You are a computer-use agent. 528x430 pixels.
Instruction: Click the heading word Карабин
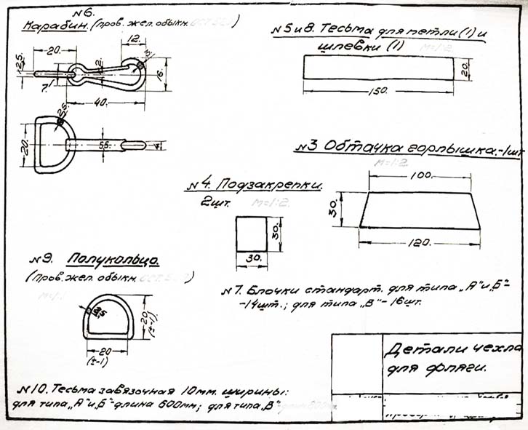pyautogui.click(x=55, y=26)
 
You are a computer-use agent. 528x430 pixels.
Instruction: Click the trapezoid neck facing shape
pyautogui.click(x=421, y=210)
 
